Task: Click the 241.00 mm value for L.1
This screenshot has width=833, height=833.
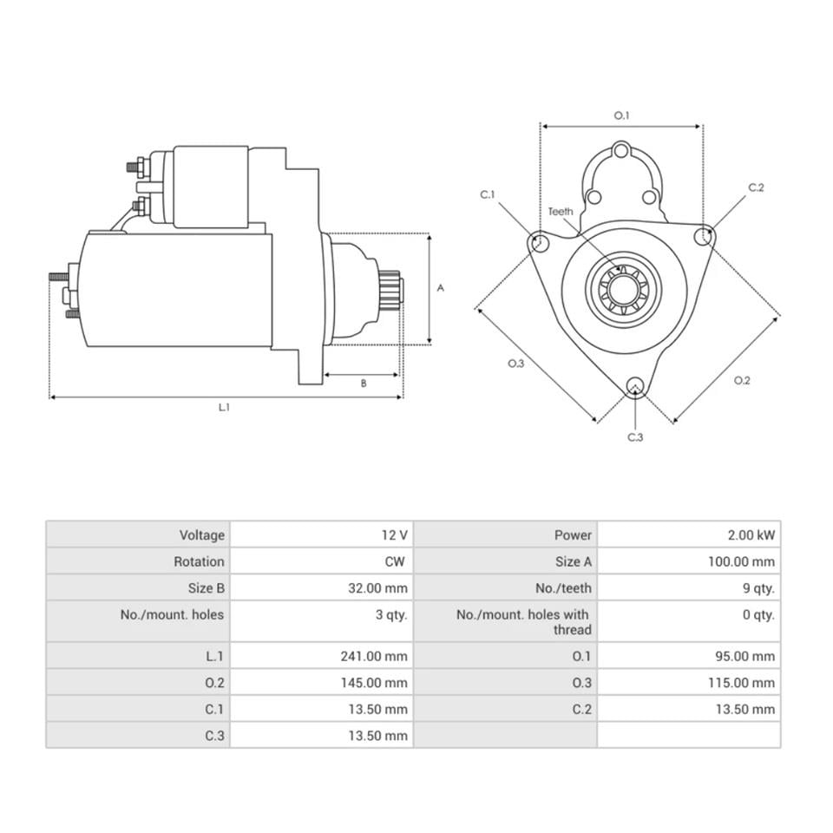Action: (x=374, y=656)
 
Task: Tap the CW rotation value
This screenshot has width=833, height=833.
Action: (x=395, y=561)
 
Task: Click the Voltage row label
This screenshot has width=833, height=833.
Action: (x=201, y=535)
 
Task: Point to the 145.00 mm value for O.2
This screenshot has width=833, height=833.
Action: (x=374, y=683)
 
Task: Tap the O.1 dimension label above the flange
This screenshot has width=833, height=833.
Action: (x=621, y=115)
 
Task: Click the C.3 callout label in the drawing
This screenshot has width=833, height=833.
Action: (x=635, y=437)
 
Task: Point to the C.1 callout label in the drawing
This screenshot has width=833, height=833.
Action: (x=488, y=195)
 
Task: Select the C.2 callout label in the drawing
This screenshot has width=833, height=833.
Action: (x=756, y=187)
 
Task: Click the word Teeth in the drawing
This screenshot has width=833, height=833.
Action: (x=561, y=212)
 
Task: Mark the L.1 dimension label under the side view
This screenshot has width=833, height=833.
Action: (x=224, y=407)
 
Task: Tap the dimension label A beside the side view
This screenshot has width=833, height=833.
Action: (x=440, y=288)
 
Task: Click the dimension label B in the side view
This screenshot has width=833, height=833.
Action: (x=363, y=383)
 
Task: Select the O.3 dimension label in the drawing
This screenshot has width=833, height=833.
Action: (x=516, y=364)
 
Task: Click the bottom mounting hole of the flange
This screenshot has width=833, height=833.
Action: (x=635, y=387)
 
